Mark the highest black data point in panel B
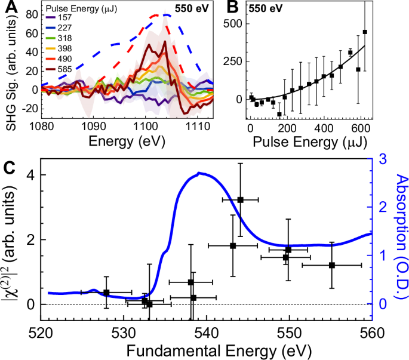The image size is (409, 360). [x=365, y=32]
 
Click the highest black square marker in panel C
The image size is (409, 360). [x=241, y=199]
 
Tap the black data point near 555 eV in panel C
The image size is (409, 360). [x=332, y=264]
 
